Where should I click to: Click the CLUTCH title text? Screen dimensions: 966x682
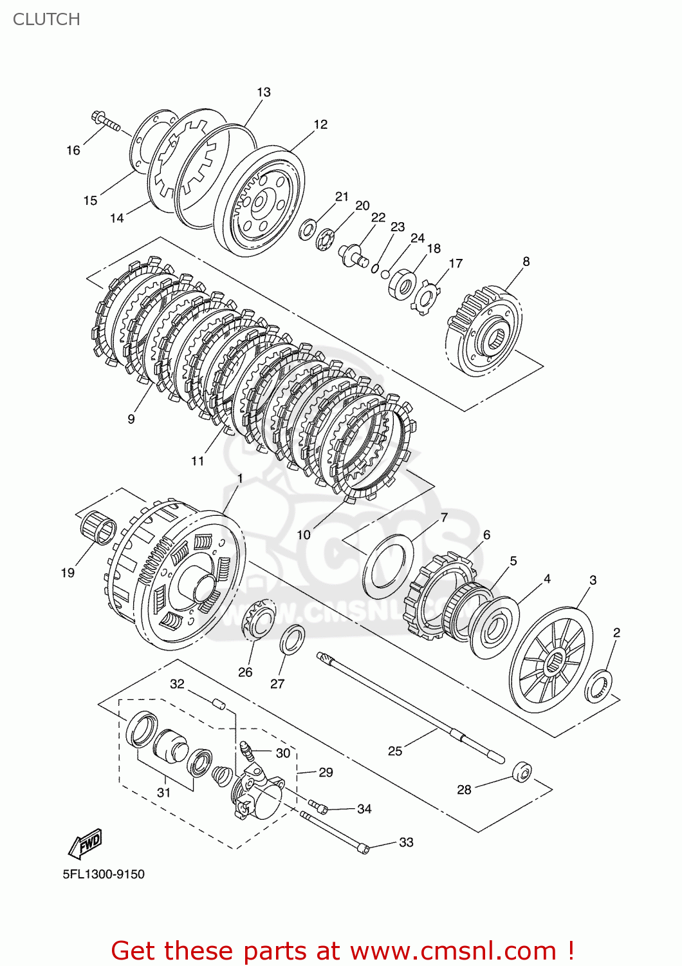(x=46, y=19)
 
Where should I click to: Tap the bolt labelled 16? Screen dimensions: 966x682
(x=107, y=122)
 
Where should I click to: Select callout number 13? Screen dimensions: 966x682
(x=264, y=92)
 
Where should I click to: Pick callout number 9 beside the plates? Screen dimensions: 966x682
(x=131, y=419)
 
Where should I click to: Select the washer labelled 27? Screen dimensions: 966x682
(x=292, y=639)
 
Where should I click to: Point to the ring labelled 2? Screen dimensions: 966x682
(x=598, y=686)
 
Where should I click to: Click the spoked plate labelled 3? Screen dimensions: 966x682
(x=551, y=660)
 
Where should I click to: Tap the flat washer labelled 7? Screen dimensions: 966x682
(x=388, y=566)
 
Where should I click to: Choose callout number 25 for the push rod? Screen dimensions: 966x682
(x=395, y=751)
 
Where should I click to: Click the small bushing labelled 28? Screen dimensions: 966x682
(x=522, y=772)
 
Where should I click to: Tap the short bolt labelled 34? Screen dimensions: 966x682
(x=319, y=806)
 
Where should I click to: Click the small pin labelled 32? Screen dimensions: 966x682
(x=218, y=703)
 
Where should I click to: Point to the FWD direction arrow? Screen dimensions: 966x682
(x=86, y=843)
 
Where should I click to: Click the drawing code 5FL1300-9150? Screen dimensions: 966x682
(x=104, y=874)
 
